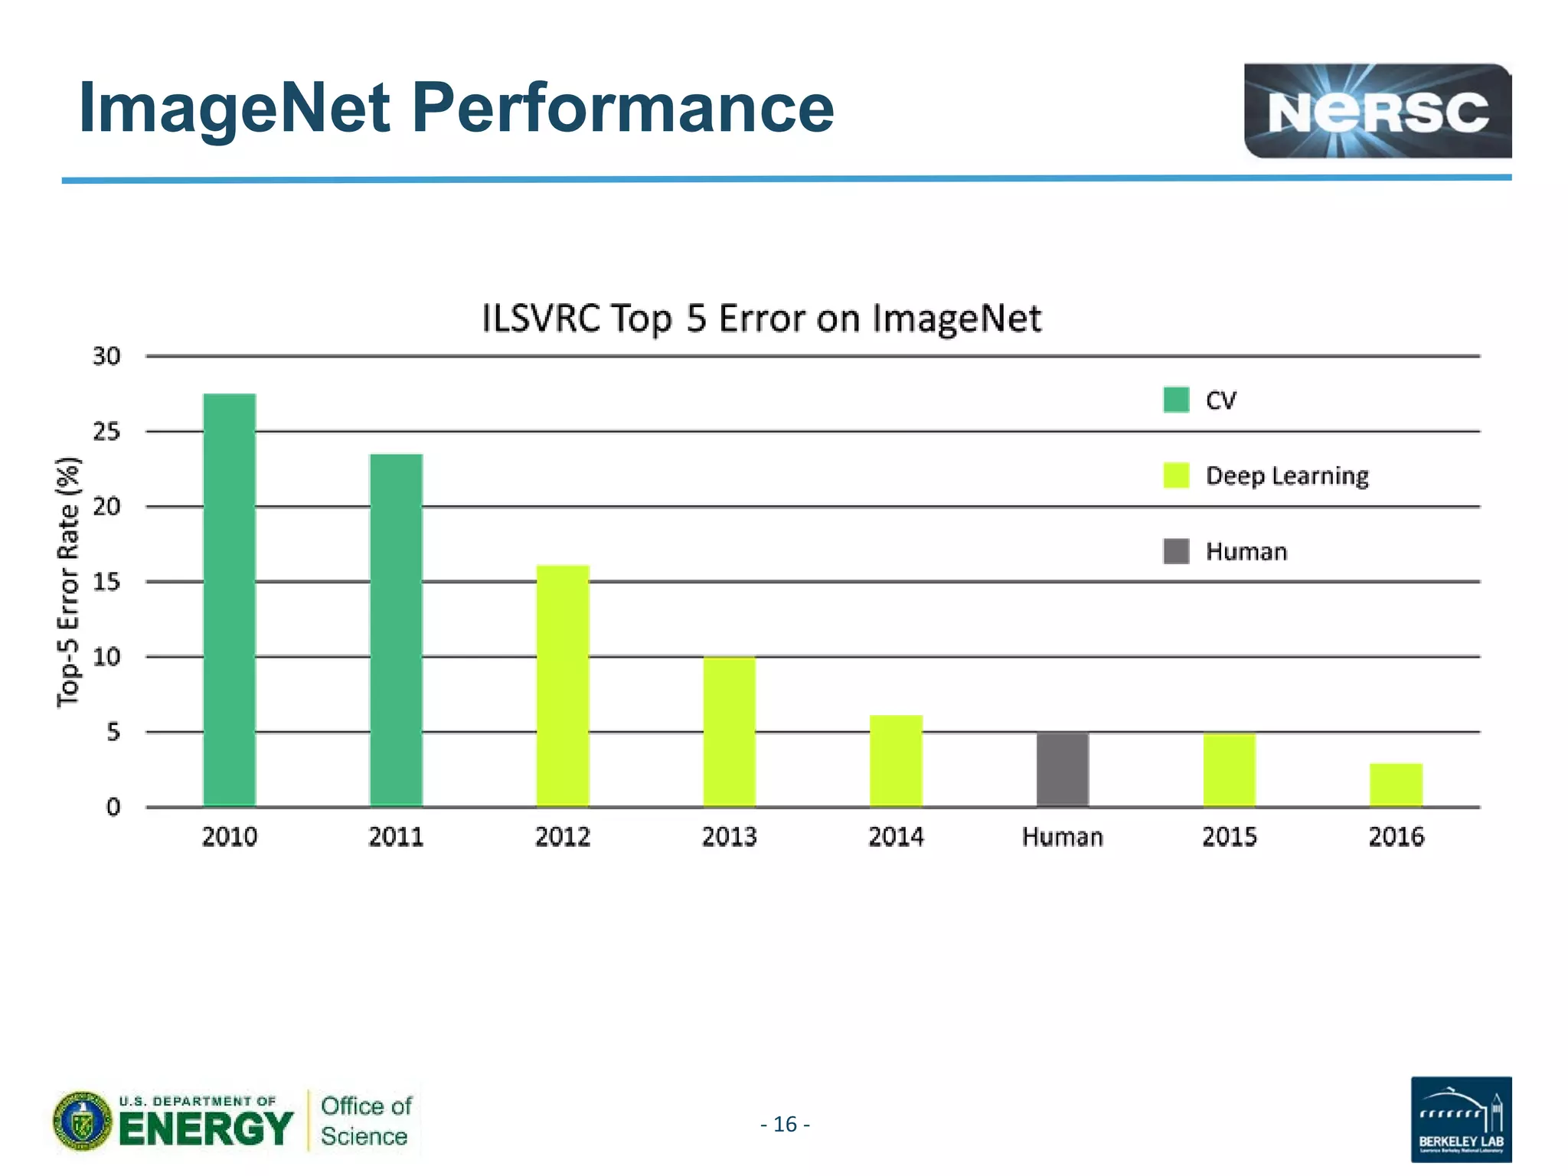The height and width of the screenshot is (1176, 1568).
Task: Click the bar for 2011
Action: [396, 629]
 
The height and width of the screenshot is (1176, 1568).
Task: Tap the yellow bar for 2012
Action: [563, 685]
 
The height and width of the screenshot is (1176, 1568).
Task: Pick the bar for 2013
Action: [729, 731]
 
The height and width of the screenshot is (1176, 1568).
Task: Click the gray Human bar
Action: [1063, 769]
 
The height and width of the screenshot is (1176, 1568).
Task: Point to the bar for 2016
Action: [1396, 785]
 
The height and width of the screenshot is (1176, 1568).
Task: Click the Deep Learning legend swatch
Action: [1176, 475]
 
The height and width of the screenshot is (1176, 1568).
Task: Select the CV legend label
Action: [1220, 400]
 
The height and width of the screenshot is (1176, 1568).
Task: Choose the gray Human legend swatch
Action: [1176, 551]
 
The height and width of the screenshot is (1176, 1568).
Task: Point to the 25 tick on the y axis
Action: [106, 432]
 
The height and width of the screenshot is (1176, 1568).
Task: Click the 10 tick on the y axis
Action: [106, 657]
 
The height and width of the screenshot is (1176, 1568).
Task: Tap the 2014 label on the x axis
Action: [896, 837]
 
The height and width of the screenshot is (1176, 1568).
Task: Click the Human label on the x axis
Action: [1063, 837]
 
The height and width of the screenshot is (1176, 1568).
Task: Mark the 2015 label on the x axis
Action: [1230, 837]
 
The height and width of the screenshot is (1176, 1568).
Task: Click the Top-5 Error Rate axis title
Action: [69, 582]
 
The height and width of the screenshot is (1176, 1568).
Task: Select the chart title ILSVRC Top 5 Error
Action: [761, 318]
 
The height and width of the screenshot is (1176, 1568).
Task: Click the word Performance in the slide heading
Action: [622, 108]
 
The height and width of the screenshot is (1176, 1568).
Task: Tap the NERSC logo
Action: [1377, 111]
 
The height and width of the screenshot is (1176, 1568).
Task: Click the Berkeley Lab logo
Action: [1461, 1119]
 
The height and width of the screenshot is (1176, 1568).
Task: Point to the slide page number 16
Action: [786, 1124]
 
